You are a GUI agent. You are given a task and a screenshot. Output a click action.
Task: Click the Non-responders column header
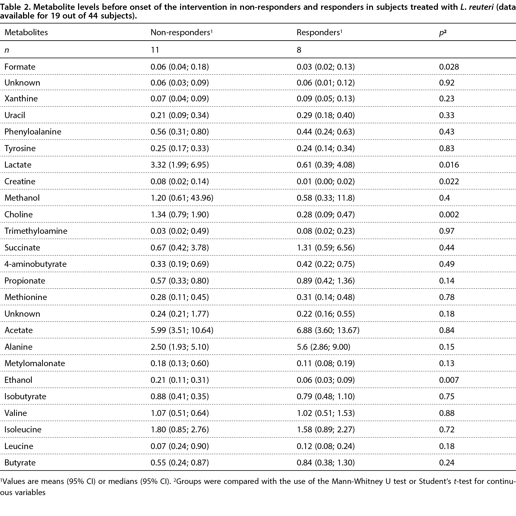(x=181, y=32)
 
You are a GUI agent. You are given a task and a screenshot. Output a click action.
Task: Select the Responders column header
(x=320, y=32)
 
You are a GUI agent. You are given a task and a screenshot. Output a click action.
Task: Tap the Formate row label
(x=20, y=66)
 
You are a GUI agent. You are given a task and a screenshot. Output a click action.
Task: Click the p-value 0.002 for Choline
(x=449, y=214)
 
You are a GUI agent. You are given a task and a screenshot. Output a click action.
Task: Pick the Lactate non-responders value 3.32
(x=158, y=165)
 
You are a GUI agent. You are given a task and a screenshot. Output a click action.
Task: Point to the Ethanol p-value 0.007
(x=449, y=380)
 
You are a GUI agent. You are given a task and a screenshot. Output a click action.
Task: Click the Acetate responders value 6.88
(x=304, y=330)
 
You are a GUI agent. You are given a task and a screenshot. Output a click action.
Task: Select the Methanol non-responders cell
(x=182, y=198)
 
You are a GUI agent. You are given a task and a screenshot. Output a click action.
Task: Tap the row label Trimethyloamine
(x=36, y=231)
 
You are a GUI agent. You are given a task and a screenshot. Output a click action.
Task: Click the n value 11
(x=155, y=50)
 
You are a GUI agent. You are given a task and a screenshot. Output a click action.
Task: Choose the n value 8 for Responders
(x=299, y=50)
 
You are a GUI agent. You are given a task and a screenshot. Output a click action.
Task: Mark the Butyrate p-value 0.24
(x=447, y=462)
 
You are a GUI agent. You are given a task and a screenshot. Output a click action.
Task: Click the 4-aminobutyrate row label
(x=35, y=264)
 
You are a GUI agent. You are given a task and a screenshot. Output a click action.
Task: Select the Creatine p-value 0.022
(x=449, y=181)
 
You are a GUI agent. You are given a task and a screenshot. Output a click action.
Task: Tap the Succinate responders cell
(x=326, y=248)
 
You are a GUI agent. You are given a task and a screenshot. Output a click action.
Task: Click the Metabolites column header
(x=26, y=32)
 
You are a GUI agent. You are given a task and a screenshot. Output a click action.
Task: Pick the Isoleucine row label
(x=23, y=429)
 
